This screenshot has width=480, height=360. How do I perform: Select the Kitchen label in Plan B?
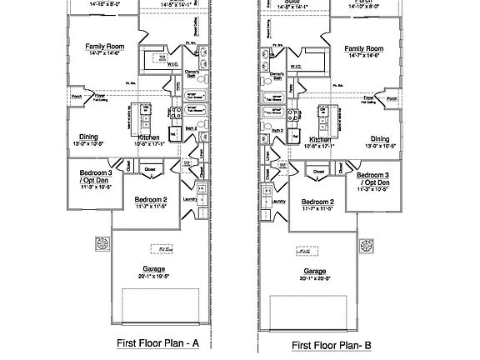click(321, 139)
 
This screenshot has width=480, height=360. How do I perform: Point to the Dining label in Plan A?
click(89, 137)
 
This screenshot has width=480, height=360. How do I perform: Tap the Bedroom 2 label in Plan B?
click(317, 202)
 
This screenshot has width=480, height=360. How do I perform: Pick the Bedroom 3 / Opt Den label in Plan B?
click(374, 177)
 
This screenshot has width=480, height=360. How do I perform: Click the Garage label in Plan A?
click(152, 269)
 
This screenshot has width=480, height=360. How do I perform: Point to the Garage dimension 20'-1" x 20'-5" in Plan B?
click(315, 278)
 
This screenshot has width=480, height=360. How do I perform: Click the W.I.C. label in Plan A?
click(173, 62)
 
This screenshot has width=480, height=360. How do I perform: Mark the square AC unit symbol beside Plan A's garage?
click(103, 244)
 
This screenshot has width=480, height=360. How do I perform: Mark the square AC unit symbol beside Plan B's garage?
click(366, 246)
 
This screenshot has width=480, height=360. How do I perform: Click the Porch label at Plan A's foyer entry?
click(76, 96)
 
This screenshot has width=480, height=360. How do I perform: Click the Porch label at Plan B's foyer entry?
click(392, 97)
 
